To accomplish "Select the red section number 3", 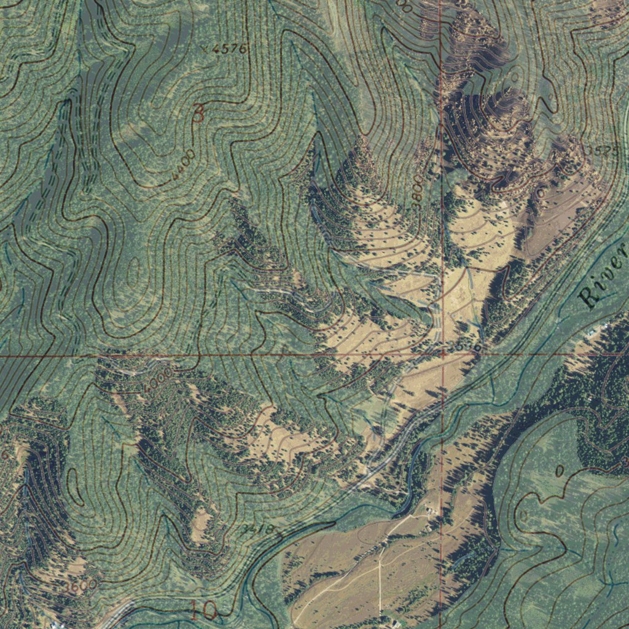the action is tap(198, 113).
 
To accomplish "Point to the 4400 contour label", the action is tap(184, 165).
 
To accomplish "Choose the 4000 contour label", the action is tap(158, 378).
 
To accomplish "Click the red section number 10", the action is tap(203, 610).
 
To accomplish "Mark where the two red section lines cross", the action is tap(442, 354).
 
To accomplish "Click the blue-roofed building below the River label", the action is tap(593, 332).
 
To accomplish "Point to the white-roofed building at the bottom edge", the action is tap(393, 623).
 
